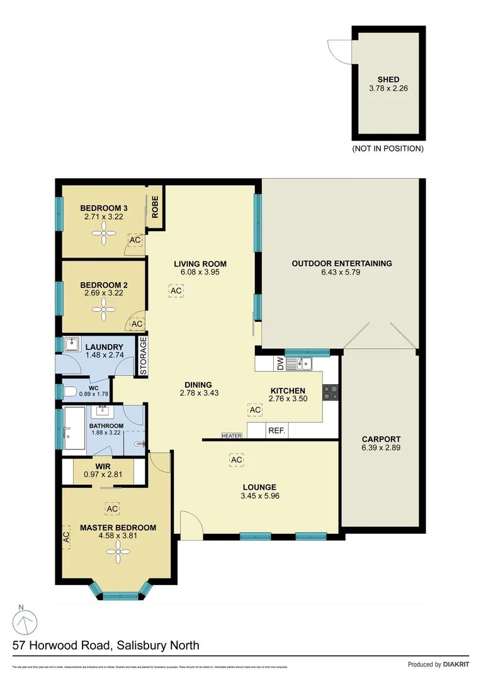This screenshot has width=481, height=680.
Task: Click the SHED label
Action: (x=388, y=79)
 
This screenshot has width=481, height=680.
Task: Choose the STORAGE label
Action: (x=143, y=357)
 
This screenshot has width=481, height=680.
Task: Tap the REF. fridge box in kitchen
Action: (x=277, y=431)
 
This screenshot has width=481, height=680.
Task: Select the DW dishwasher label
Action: (x=279, y=363)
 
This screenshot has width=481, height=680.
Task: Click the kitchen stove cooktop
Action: (x=331, y=393)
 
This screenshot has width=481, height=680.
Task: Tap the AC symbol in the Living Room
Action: (x=176, y=291)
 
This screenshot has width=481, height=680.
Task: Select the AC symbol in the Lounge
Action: (x=236, y=460)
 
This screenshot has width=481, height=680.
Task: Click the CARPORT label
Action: (x=381, y=439)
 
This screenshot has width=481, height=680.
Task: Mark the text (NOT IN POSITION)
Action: (x=388, y=149)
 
